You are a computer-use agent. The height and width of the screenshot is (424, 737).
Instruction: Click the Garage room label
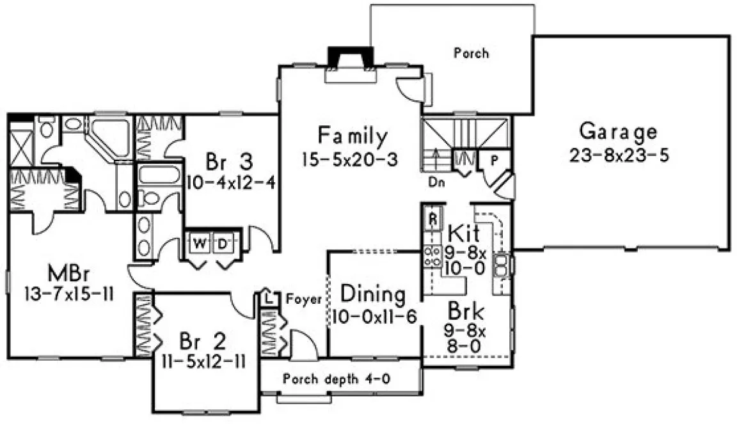pyautogui.click(x=617, y=132)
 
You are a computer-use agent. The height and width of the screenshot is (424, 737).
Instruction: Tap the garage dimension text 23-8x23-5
pyautogui.click(x=617, y=155)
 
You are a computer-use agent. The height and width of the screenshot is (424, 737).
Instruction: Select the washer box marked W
pyautogui.click(x=200, y=243)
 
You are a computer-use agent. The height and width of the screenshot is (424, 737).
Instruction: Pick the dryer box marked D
pyautogui.click(x=221, y=243)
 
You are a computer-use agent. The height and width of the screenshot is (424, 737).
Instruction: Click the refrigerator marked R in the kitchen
pyautogui.click(x=432, y=217)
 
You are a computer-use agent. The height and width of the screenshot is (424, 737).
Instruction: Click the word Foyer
pyautogui.click(x=303, y=299)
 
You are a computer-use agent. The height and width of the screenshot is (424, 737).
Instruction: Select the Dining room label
pyautogui.click(x=373, y=295)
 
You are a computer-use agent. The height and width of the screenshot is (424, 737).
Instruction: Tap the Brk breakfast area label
pyautogui.click(x=465, y=313)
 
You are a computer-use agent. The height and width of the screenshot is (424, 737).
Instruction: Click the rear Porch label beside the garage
pyautogui.click(x=471, y=53)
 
